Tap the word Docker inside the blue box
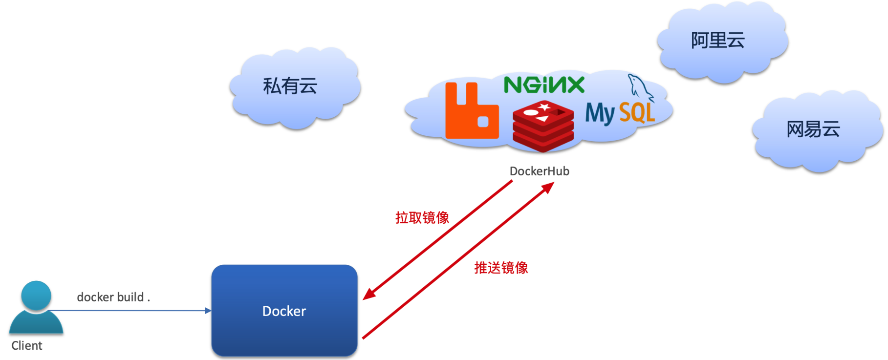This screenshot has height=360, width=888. pyautogui.click(x=284, y=311)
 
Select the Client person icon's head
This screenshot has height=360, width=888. pyautogui.click(x=36, y=295)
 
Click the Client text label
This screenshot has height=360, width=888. pyautogui.click(x=27, y=346)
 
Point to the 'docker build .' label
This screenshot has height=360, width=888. pyautogui.click(x=113, y=297)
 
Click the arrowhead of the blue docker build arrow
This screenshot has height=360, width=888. pyautogui.click(x=208, y=311)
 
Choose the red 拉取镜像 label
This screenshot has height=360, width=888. pyautogui.click(x=422, y=217)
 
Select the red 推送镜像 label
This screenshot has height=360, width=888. pyautogui.click(x=501, y=268)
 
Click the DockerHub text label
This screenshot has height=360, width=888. pyautogui.click(x=540, y=171)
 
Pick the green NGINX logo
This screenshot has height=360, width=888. pyautogui.click(x=544, y=85)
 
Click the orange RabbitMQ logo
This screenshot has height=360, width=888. pyautogui.click(x=472, y=112)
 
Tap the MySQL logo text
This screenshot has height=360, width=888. pyautogui.click(x=620, y=113)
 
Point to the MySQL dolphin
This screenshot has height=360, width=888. pyautogui.click(x=639, y=87)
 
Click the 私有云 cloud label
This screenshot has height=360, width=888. pyautogui.click(x=290, y=86)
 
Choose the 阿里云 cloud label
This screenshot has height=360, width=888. pyautogui.click(x=717, y=40)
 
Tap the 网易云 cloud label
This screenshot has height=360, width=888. pyautogui.click(x=813, y=129)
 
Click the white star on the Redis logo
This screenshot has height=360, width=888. pyautogui.click(x=543, y=107)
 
